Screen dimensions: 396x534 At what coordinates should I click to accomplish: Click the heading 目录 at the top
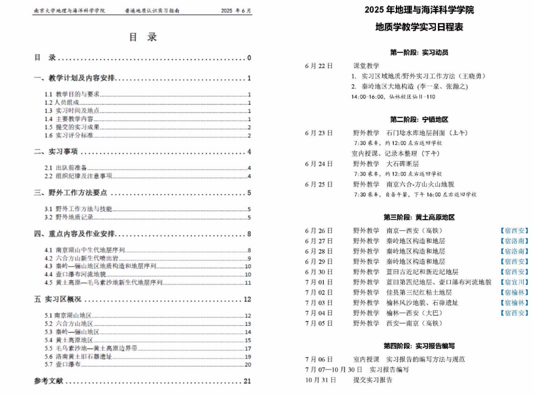[x=143, y=37]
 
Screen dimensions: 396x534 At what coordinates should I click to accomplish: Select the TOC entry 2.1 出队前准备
[x=67, y=168]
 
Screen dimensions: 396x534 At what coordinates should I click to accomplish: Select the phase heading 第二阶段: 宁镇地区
[x=419, y=119]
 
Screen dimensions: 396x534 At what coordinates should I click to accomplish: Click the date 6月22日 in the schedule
[x=319, y=66]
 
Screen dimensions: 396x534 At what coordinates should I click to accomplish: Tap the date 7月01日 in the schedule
[x=319, y=282]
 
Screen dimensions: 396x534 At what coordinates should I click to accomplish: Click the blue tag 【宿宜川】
[x=514, y=282]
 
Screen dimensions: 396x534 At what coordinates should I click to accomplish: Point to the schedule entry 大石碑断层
[x=402, y=164]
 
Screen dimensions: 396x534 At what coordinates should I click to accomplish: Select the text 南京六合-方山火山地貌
[x=420, y=184]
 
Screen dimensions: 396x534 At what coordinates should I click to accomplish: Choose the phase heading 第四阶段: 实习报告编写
[x=419, y=346]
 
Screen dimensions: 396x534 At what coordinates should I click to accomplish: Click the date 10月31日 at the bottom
[x=320, y=380]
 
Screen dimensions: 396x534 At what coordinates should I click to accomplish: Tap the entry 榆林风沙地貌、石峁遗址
[x=422, y=303]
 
